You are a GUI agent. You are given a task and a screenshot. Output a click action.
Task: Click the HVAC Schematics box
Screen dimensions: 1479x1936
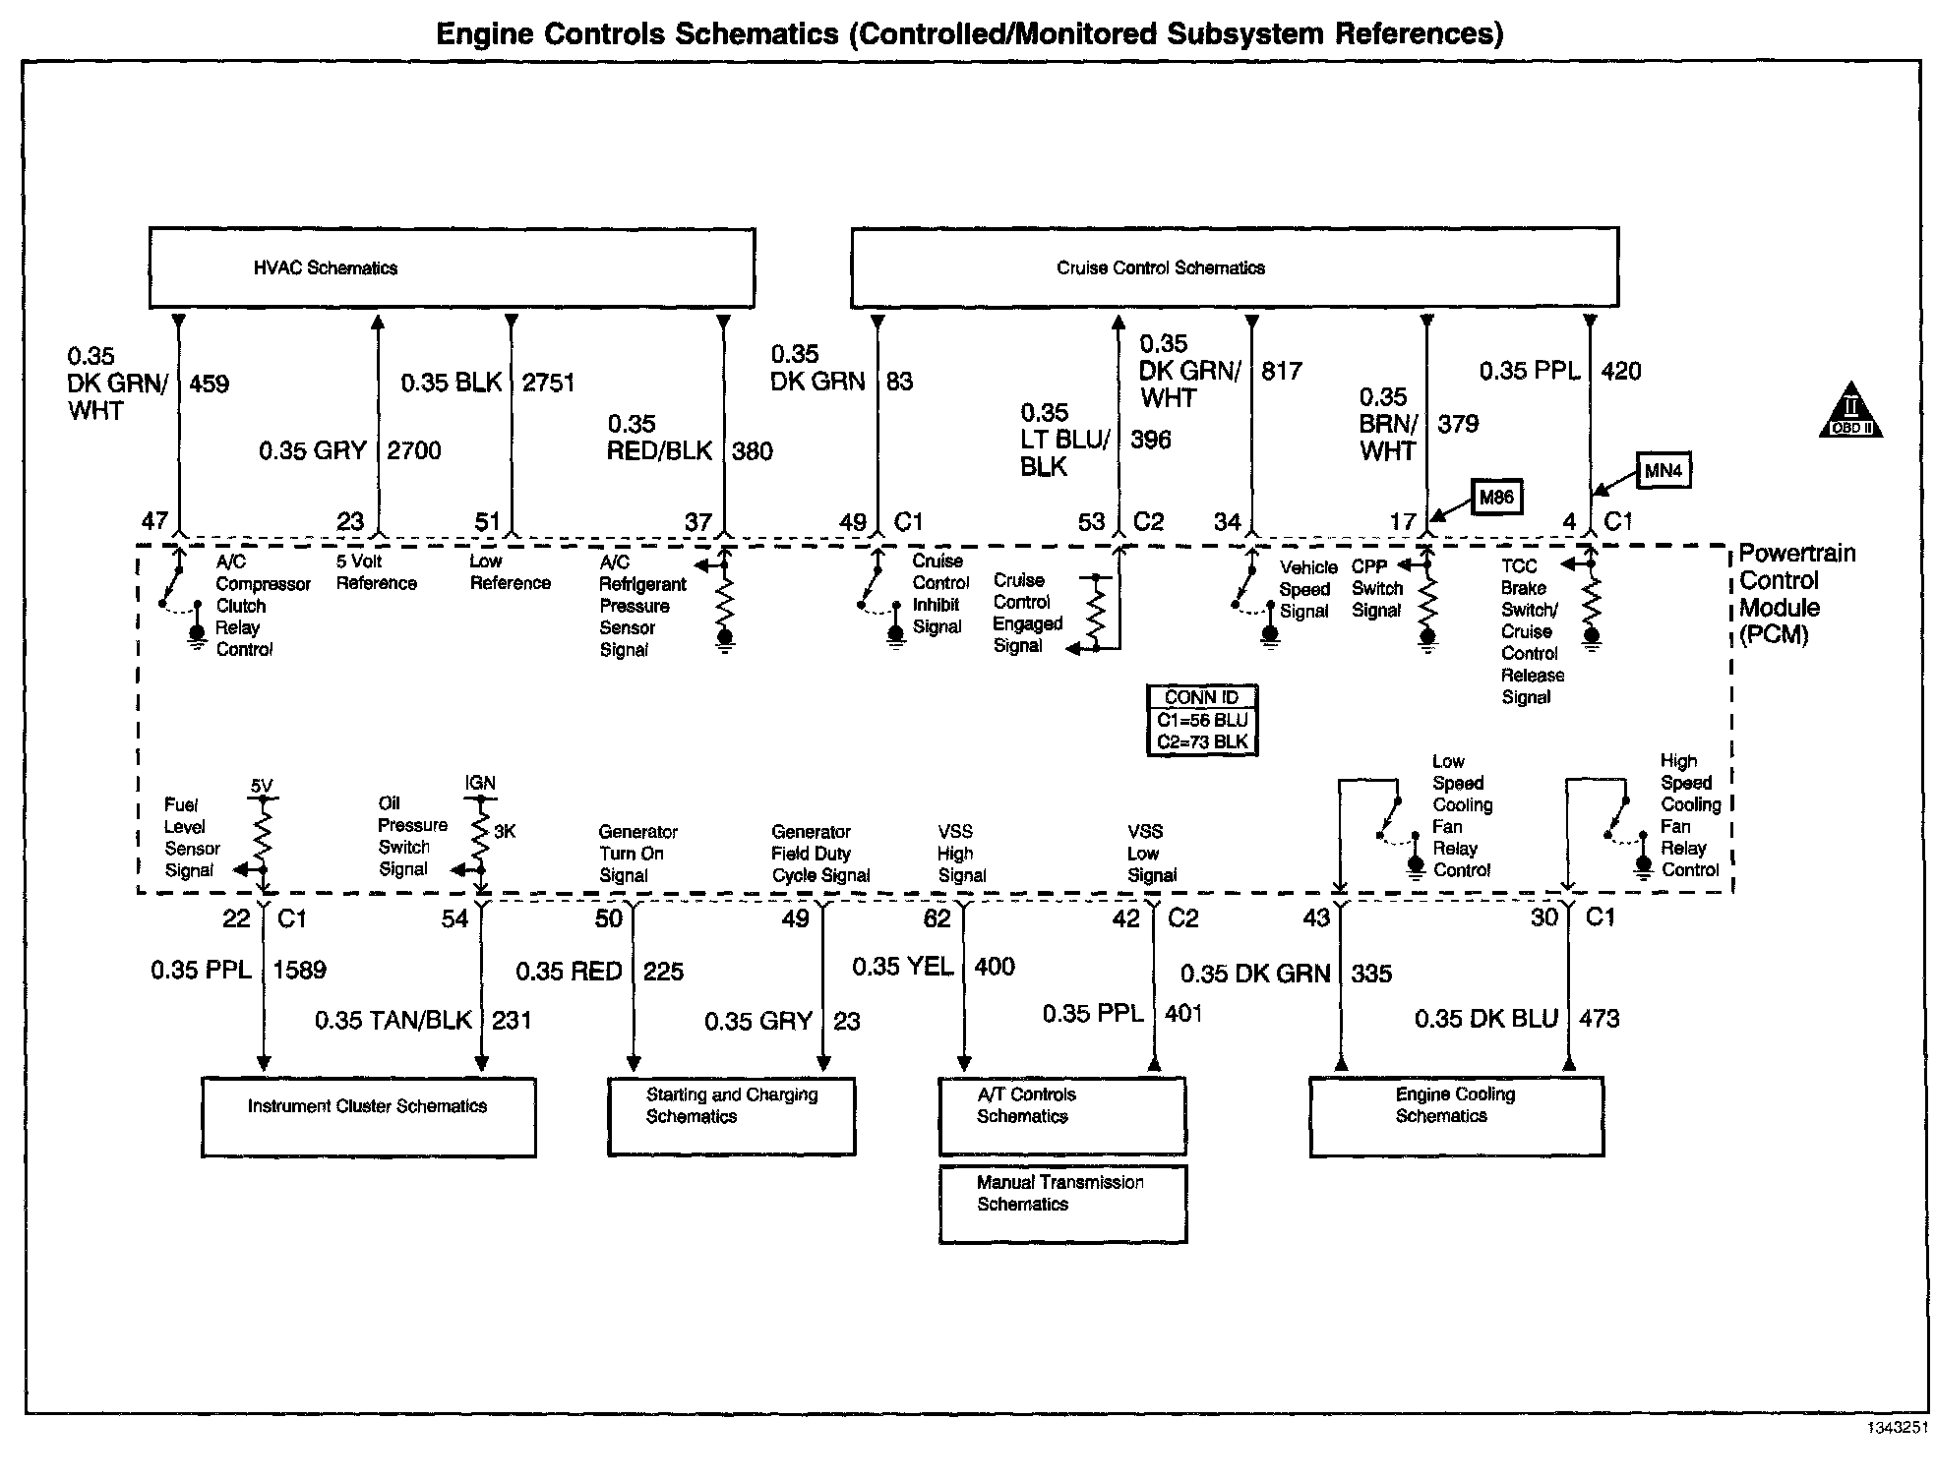click(x=452, y=267)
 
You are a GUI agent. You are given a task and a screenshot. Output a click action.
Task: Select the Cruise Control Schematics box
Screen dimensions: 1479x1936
click(x=1234, y=267)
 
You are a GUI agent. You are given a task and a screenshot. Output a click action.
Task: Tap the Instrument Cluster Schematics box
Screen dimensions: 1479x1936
click(x=368, y=1117)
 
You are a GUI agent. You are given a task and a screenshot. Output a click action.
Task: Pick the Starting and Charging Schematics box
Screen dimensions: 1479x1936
click(x=731, y=1116)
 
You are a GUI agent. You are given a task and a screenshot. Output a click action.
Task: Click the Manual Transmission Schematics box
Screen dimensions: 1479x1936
click(x=1062, y=1204)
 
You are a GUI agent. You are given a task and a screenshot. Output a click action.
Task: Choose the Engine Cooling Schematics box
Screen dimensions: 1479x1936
click(x=1456, y=1116)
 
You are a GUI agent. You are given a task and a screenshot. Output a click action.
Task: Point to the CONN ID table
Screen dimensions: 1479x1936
click(x=1202, y=721)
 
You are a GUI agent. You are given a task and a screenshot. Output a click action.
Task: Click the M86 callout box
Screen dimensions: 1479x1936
click(x=1495, y=498)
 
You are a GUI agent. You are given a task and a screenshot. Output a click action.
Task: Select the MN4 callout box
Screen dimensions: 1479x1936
click(x=1663, y=471)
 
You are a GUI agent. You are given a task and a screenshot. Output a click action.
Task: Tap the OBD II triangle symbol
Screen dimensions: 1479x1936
click(x=1850, y=412)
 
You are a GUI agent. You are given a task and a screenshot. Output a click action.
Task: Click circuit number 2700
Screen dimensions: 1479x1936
click(x=414, y=450)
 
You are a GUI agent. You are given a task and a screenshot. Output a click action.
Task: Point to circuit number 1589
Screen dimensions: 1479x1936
click(x=299, y=970)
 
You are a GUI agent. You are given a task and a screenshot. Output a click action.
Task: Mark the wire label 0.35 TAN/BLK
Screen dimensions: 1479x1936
click(x=393, y=1020)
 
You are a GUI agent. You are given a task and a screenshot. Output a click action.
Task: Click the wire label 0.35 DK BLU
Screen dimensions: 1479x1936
click(x=1485, y=1019)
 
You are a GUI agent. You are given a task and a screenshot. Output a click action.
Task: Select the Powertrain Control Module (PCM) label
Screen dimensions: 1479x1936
click(x=1796, y=594)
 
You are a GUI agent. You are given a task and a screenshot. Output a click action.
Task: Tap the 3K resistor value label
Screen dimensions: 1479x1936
click(x=505, y=832)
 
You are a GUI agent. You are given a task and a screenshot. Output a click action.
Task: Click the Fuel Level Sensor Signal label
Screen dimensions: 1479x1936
click(x=192, y=838)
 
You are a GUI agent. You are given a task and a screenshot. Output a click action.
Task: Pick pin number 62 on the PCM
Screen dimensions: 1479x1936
click(x=937, y=918)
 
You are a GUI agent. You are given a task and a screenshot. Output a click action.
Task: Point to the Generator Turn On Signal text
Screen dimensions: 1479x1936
click(x=637, y=854)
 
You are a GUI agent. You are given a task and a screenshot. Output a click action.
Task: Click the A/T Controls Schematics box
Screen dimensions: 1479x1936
click(x=1062, y=1116)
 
